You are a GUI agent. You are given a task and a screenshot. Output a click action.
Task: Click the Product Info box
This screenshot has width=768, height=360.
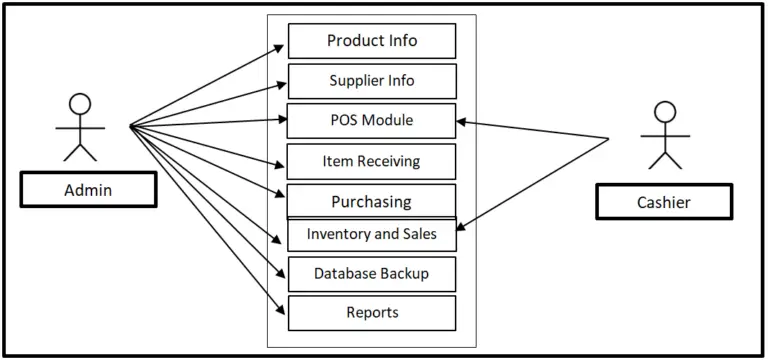coord(372,41)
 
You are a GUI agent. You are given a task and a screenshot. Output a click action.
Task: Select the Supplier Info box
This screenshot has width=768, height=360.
coord(372,81)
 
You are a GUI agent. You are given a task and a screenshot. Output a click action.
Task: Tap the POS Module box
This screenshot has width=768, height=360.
coord(372,121)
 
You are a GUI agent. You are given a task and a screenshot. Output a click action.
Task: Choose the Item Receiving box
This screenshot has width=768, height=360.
coord(372,161)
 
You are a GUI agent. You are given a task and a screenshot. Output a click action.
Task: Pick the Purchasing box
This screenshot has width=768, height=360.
coord(372,201)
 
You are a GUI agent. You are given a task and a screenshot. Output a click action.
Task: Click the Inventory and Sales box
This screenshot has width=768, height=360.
coord(372,235)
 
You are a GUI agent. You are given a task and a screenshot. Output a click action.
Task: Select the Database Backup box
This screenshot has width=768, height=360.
coord(372,273)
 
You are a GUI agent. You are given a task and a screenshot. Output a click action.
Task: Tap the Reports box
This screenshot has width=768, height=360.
coord(372,312)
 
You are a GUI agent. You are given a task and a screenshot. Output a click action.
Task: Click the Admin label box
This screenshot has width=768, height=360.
coord(88,190)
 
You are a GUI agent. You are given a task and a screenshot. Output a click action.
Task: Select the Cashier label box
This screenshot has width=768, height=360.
coord(663,202)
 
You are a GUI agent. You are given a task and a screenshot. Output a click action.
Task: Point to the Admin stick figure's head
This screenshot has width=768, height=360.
coord(79,103)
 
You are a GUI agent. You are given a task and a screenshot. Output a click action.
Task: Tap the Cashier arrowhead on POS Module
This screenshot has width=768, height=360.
coord(461,123)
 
